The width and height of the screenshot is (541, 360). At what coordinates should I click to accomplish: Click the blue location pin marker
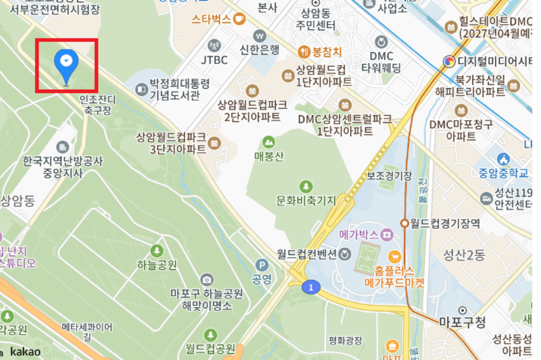point(66,63)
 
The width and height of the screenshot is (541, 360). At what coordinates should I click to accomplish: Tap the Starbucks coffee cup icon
point(239,19)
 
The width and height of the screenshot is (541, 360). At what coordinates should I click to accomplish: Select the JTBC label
point(214,60)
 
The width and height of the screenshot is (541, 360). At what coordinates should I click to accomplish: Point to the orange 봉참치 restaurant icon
point(303,52)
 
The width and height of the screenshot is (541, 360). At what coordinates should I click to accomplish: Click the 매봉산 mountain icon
point(269,142)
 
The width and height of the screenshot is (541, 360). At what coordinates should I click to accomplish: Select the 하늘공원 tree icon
point(157,251)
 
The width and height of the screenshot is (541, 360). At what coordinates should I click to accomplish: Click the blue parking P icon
point(262,265)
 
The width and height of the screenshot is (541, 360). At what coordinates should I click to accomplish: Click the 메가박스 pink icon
point(387,235)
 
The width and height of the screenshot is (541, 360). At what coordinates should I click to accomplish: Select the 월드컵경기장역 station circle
point(405,223)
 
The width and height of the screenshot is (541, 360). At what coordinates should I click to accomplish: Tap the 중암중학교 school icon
point(503,159)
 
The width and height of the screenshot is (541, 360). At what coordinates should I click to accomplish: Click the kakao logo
point(25,352)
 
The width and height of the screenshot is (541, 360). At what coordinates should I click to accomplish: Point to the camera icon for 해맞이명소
point(206,280)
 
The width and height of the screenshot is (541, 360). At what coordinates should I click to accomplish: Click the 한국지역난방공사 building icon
point(63,147)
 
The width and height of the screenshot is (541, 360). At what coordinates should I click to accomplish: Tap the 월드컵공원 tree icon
point(210,334)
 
